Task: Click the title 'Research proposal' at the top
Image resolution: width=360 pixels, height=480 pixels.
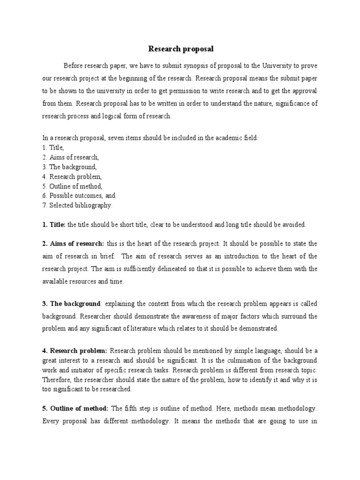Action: coord(180,49)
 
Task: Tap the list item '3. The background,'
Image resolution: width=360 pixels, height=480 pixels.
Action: coord(69,167)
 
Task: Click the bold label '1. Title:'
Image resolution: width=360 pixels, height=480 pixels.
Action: coord(54,225)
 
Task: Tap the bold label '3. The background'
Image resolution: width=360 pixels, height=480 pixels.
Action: coord(71,304)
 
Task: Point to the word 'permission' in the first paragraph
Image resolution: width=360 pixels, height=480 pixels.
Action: coord(177,90)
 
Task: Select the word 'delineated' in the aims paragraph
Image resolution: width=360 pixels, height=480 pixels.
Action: coord(181,269)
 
